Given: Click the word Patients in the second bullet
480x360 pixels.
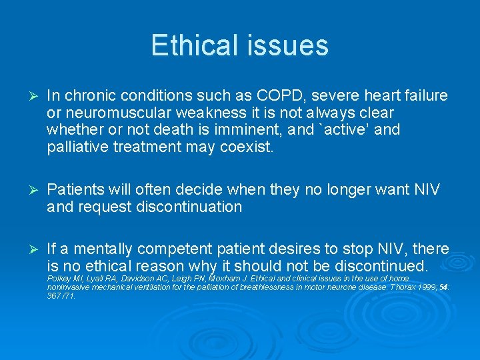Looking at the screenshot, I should (x=75, y=190).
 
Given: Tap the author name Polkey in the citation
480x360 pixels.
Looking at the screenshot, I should (x=59, y=277).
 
